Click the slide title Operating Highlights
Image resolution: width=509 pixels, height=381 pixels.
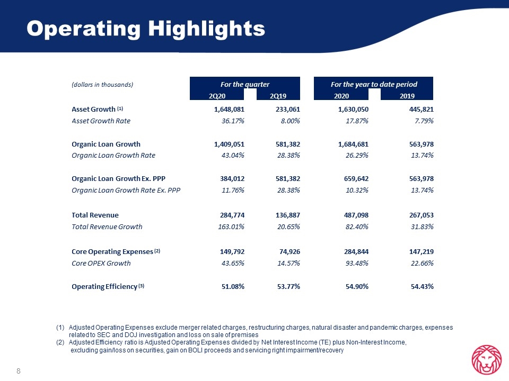[146, 29]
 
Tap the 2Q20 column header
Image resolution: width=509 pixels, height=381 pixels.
[217, 96]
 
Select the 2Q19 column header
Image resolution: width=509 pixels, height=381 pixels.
[278, 96]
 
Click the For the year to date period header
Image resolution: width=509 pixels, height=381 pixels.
[374, 85]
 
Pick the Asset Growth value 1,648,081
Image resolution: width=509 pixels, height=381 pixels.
[229, 110]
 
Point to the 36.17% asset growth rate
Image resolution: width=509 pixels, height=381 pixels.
[233, 121]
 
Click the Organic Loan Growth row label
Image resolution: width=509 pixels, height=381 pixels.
[106, 144]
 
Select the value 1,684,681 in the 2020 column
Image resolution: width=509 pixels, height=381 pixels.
[353, 144]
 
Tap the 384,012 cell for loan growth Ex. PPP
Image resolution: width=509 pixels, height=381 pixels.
[232, 178]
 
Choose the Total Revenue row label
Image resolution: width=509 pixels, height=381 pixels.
[95, 215]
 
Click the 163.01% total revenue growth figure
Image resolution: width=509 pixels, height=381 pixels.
[231, 227]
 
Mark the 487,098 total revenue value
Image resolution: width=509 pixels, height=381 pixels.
[356, 215]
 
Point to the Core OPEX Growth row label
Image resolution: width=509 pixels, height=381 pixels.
[101, 264]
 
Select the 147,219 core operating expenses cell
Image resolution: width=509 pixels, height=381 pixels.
[422, 252]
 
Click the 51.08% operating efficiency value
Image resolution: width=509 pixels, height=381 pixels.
[233, 287]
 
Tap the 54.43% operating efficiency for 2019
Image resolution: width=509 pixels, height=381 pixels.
[423, 287]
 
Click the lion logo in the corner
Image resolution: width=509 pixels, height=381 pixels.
[486, 360]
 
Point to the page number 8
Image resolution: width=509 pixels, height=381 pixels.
[19, 371]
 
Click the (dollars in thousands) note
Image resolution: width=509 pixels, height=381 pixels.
[102, 85]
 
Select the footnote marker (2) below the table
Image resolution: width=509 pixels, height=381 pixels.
[60, 342]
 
